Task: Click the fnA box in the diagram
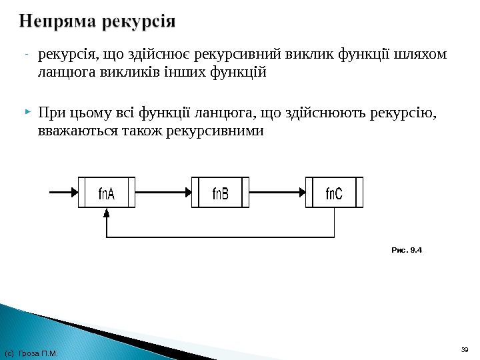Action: pos(107,193)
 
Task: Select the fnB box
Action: pos(220,193)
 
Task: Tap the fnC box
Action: pos(334,193)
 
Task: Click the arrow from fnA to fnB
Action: pos(163,193)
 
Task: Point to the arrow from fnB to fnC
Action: pos(277,193)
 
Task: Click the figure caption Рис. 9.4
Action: pos(407,251)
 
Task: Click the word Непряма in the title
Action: pos(57,22)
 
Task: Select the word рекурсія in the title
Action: pos(139,22)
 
